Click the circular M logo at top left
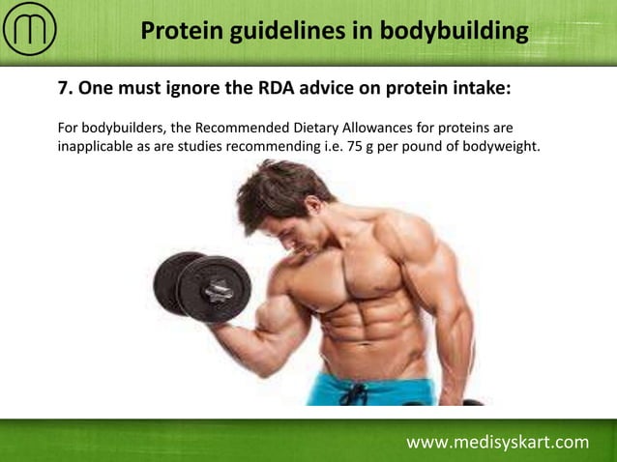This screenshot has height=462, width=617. click(x=30, y=30)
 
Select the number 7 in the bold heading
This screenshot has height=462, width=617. click(x=64, y=89)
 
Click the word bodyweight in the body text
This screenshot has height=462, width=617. click(x=498, y=147)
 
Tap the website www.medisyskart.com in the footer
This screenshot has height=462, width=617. click(x=497, y=443)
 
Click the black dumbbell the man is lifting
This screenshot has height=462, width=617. click(x=202, y=284)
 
